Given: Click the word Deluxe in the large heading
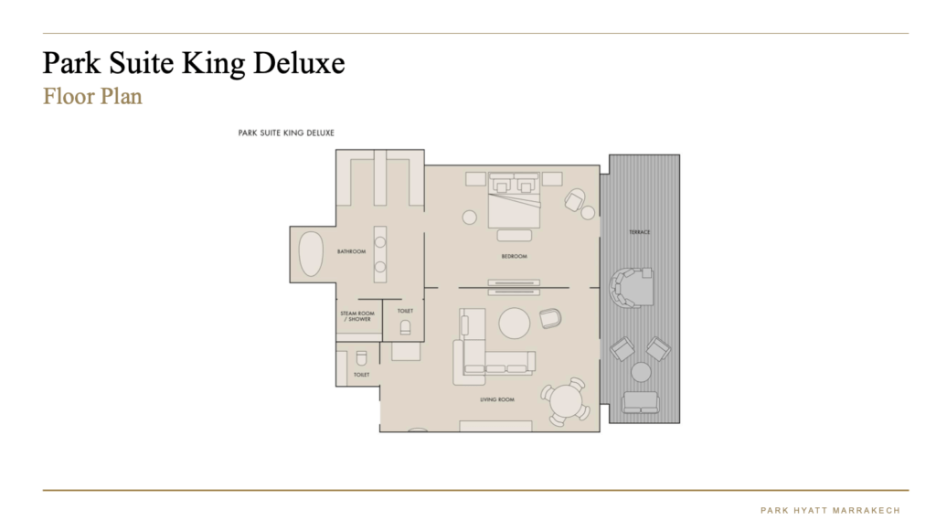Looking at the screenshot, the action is pyautogui.click(x=299, y=63).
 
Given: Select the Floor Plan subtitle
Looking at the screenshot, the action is pyautogui.click(x=92, y=96).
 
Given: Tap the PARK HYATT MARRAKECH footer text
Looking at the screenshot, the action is pyautogui.click(x=830, y=511).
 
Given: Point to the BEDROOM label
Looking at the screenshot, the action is pyautogui.click(x=514, y=257).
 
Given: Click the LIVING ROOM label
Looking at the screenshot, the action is pyautogui.click(x=497, y=399).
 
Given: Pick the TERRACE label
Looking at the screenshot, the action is pyautogui.click(x=639, y=232).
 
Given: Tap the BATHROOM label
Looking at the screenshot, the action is pyautogui.click(x=351, y=251).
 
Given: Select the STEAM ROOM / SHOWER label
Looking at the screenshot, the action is pyautogui.click(x=357, y=316).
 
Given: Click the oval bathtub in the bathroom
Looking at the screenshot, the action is pyautogui.click(x=311, y=254).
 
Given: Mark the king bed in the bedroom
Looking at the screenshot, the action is pyautogui.click(x=514, y=200).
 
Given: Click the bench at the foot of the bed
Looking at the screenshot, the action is pyautogui.click(x=514, y=236).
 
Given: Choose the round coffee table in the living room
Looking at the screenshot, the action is pyautogui.click(x=514, y=324).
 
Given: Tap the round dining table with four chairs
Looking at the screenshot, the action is pyautogui.click(x=566, y=402).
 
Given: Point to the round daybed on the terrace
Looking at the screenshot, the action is pyautogui.click(x=631, y=287).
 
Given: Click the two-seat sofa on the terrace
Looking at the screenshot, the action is pyautogui.click(x=641, y=403).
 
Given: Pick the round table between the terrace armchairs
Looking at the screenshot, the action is pyautogui.click(x=641, y=372).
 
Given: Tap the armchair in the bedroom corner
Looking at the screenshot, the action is pyautogui.click(x=575, y=200).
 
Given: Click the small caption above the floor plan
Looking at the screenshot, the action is pyautogui.click(x=286, y=133).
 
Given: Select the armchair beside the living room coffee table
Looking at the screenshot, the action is pyautogui.click(x=550, y=318).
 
